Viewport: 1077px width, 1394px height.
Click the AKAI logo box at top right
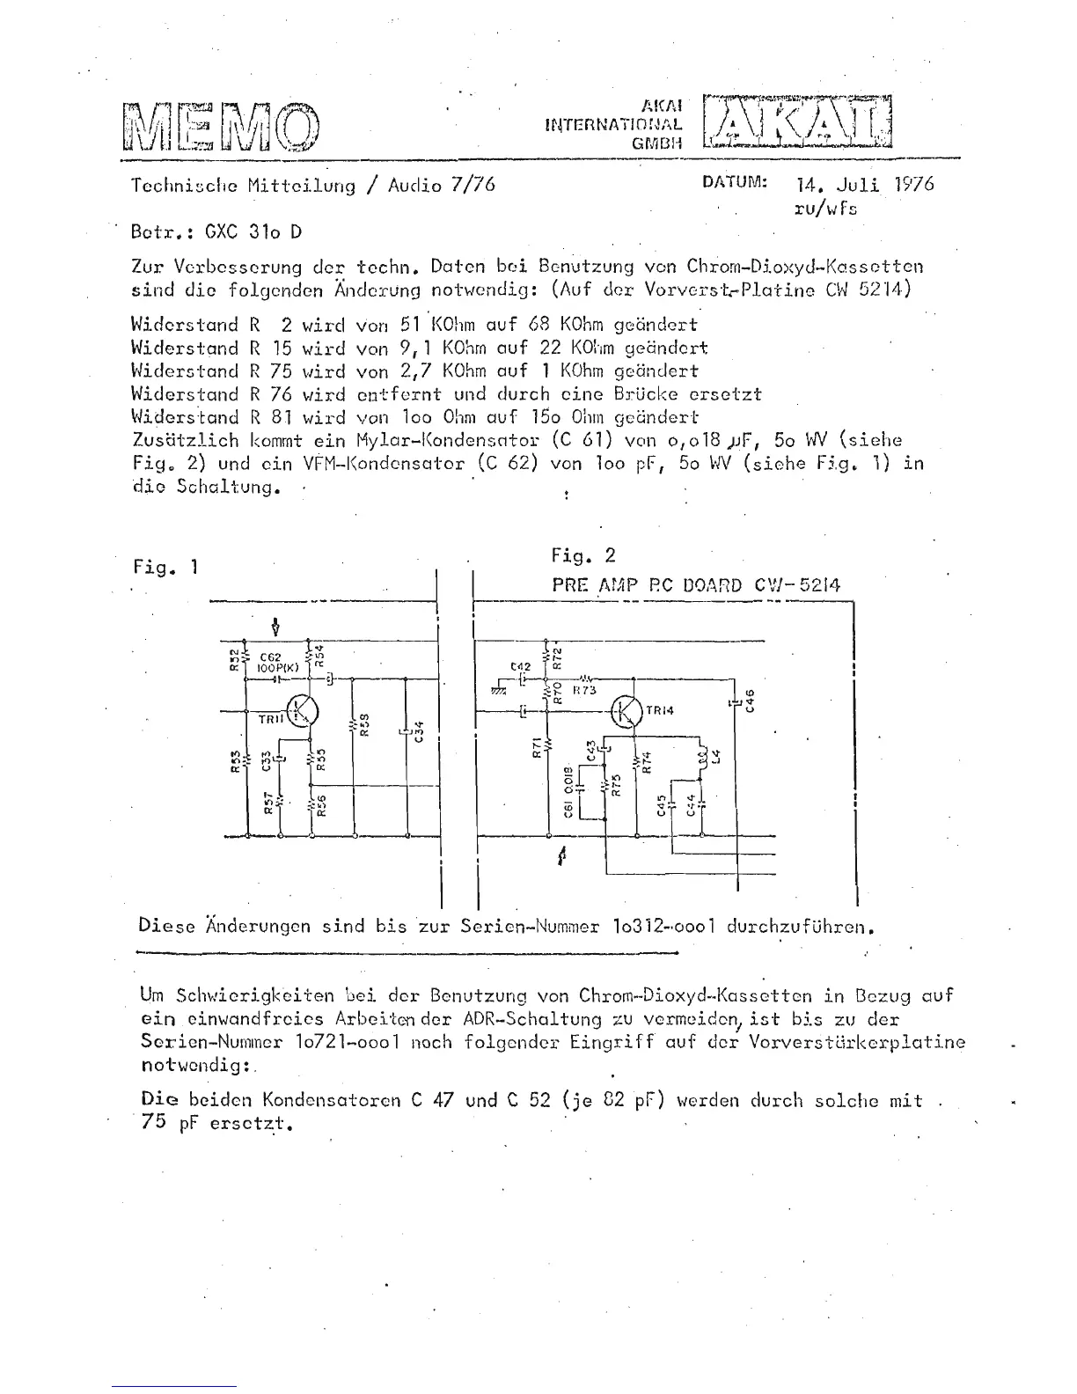coord(797,121)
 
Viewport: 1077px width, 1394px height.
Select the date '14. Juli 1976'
coord(864,185)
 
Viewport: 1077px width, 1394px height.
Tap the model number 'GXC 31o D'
coord(253,232)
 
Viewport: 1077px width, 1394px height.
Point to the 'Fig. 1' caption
coord(165,567)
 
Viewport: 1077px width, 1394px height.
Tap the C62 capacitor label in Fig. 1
coord(269,657)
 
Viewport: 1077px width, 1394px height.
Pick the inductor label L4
coord(716,757)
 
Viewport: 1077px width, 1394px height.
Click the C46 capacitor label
coord(750,702)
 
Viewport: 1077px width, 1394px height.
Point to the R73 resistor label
coord(584,691)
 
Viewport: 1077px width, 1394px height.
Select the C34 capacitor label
coord(420,730)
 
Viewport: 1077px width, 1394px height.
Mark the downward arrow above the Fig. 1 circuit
coord(277,627)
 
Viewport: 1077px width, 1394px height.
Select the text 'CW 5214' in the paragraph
coord(881,290)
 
